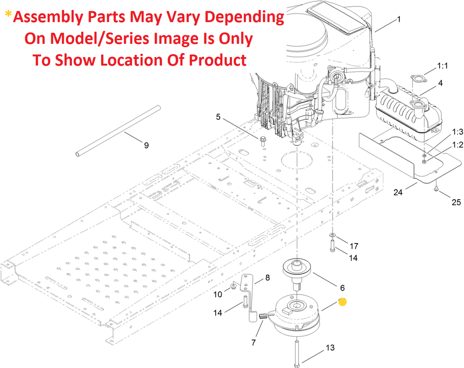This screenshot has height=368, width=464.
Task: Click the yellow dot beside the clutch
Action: click(x=343, y=301)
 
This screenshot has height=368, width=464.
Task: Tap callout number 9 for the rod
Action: click(x=146, y=145)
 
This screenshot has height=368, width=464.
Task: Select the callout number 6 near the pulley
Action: click(x=342, y=287)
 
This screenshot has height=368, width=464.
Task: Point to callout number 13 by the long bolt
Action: click(x=330, y=348)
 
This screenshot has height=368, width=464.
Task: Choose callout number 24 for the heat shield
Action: click(x=398, y=192)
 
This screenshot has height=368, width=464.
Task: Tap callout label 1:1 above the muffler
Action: click(x=443, y=66)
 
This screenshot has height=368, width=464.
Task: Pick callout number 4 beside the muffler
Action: click(x=440, y=83)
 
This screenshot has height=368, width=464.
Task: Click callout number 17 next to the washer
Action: click(x=354, y=246)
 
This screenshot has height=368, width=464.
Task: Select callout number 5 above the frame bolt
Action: click(x=218, y=117)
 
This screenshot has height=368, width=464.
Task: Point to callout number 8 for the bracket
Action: click(x=267, y=278)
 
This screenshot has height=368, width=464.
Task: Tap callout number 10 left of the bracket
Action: click(x=218, y=295)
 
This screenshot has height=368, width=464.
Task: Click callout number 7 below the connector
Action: click(x=254, y=342)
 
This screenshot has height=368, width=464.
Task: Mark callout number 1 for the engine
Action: click(x=399, y=19)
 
